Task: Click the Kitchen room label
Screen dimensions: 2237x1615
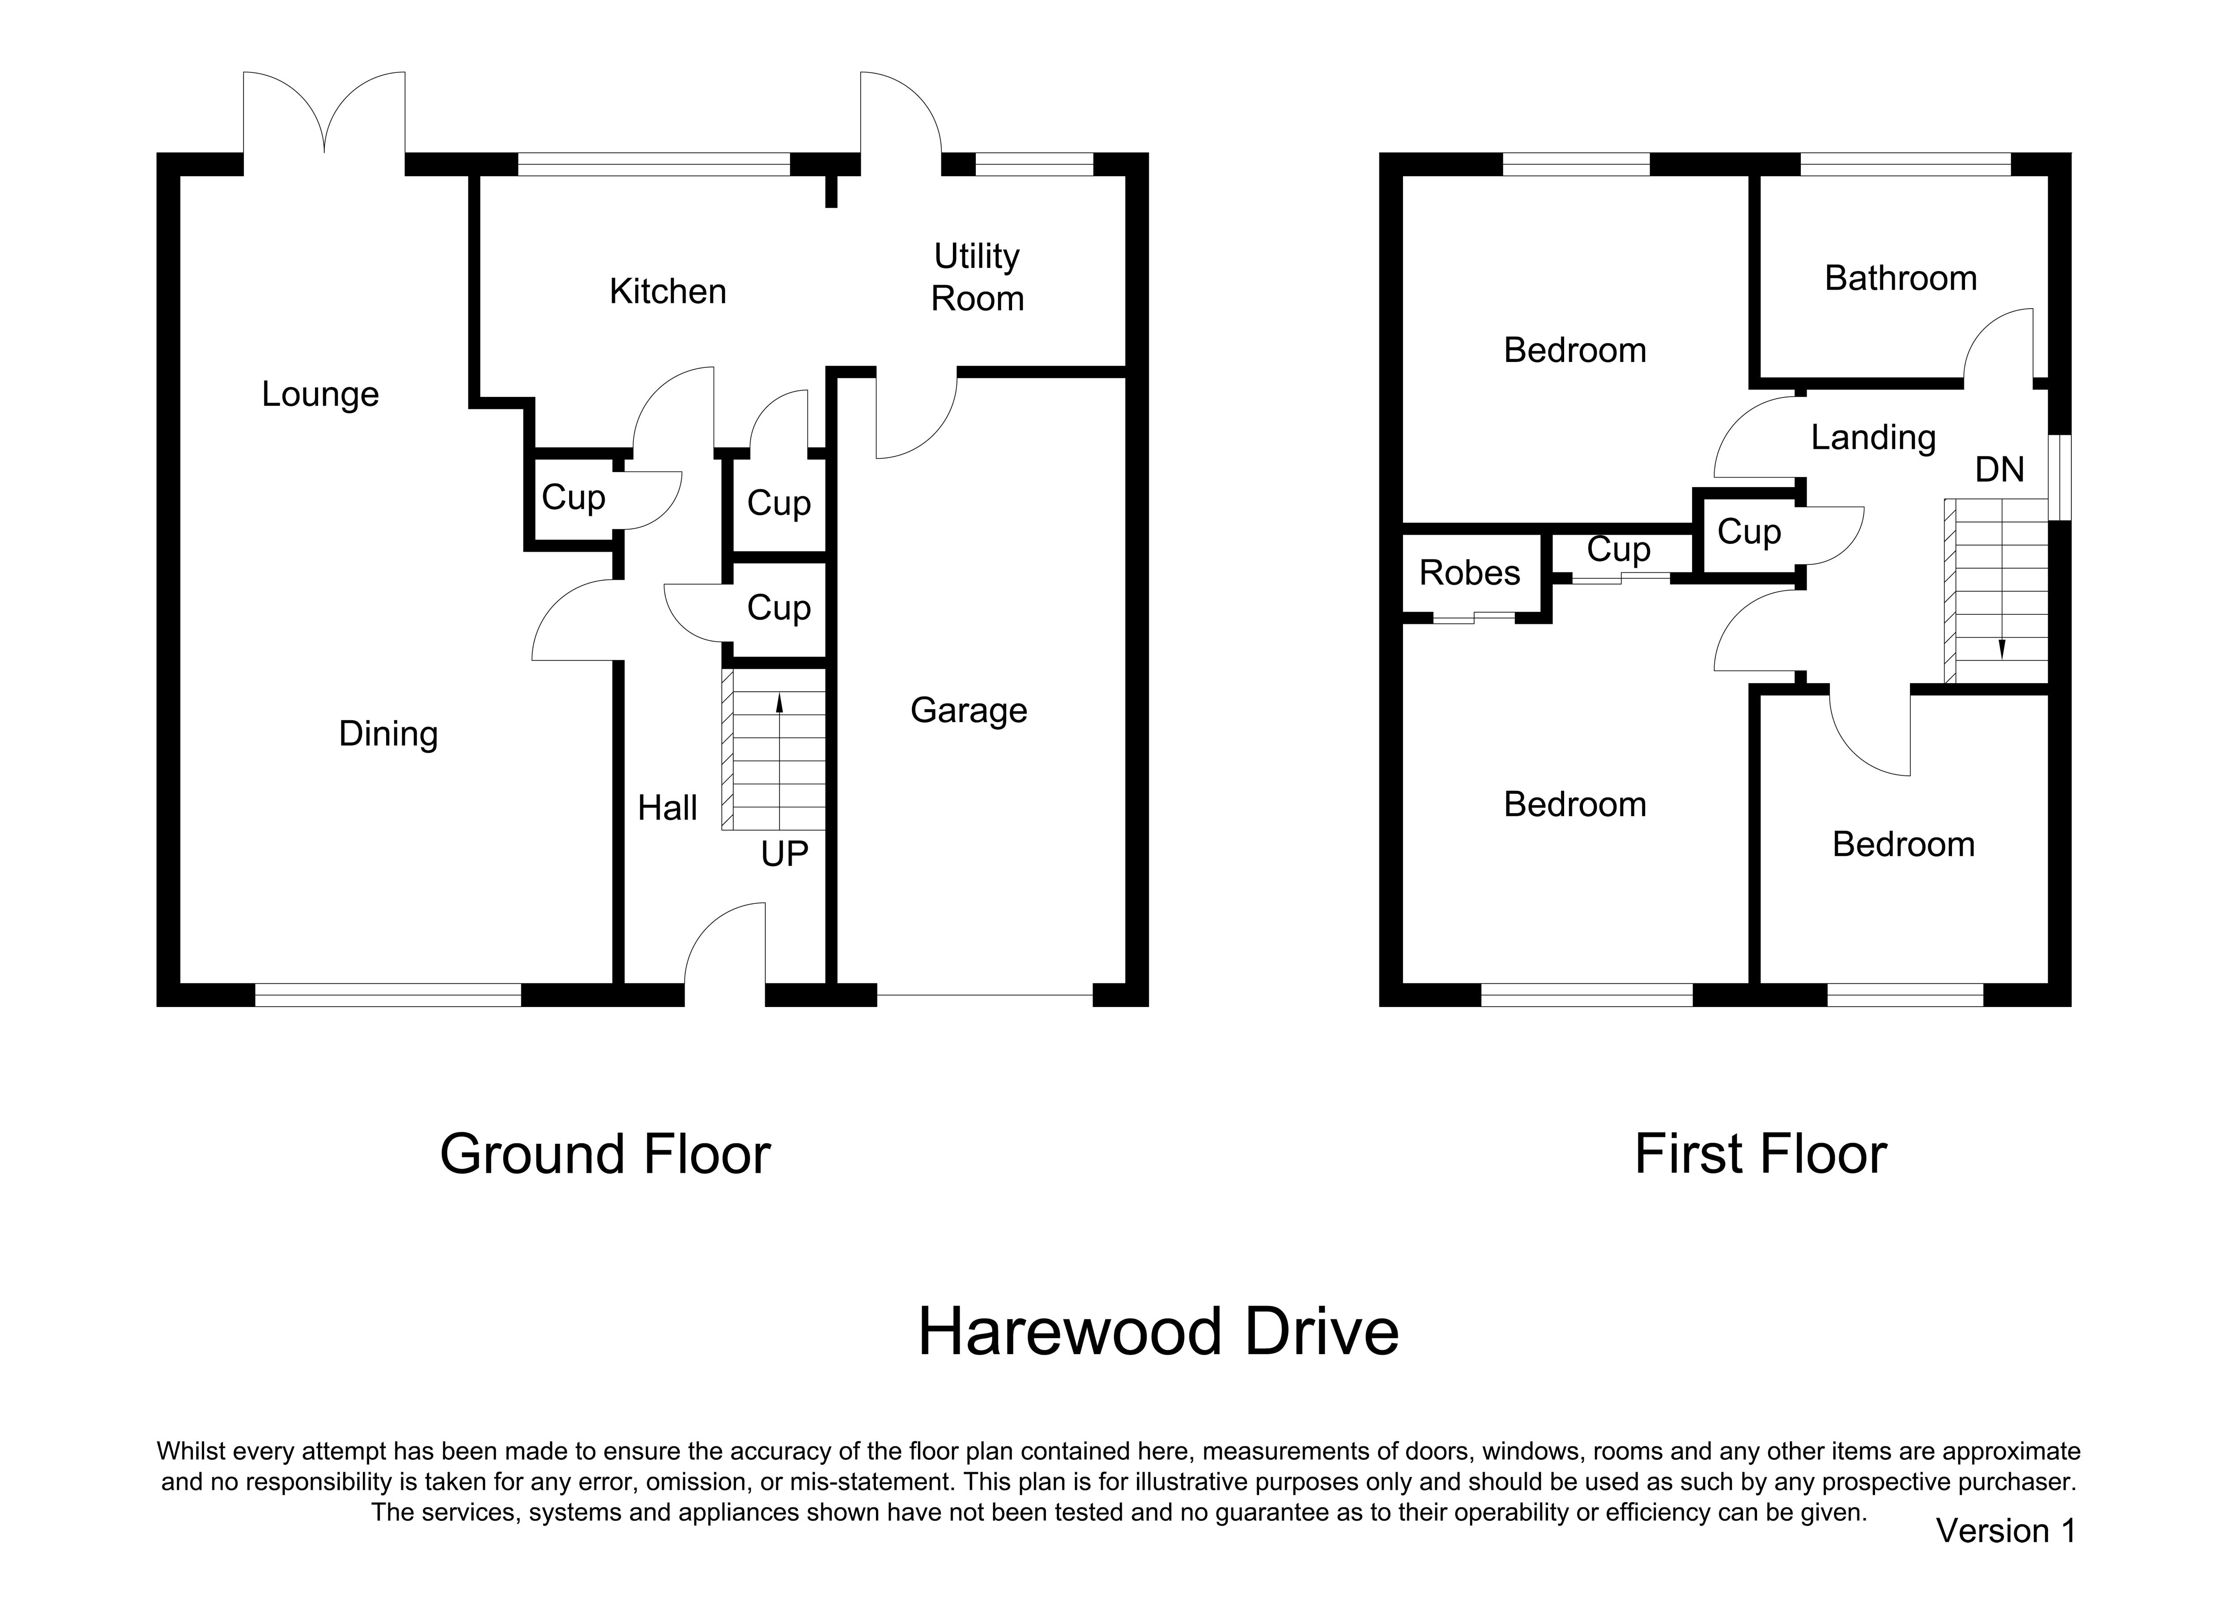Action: click(x=668, y=292)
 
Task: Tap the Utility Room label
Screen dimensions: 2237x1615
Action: click(x=978, y=277)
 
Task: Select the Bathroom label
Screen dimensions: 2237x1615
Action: click(x=1901, y=279)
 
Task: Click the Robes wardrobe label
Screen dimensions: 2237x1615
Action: click(x=1470, y=573)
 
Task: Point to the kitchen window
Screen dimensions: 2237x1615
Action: click(x=654, y=164)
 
